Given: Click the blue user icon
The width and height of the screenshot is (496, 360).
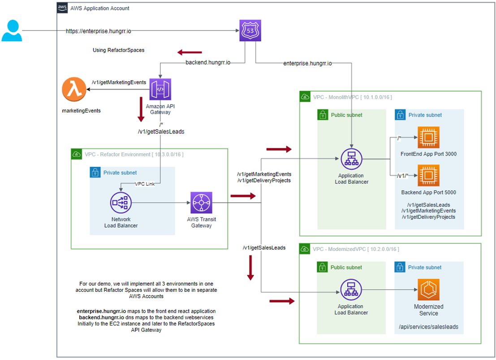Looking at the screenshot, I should coord(11,30).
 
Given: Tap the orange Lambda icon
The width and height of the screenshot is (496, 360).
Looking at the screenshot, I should coord(74,90).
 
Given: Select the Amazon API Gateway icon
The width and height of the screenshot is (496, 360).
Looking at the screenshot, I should coord(160,90).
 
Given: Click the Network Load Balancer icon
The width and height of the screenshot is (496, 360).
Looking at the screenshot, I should coord(121,203).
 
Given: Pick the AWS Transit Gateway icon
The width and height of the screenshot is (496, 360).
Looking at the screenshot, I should coord(201,203).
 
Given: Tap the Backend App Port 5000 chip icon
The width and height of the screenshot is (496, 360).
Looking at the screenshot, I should coord(428,176).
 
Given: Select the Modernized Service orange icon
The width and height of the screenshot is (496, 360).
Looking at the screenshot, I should coord(428,290).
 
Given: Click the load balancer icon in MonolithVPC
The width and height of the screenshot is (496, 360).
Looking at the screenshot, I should coord(351,159).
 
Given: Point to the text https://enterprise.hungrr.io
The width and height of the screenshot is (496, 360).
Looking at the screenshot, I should coord(99,31).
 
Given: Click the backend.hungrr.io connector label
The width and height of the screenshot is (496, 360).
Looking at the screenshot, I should coord(208,63).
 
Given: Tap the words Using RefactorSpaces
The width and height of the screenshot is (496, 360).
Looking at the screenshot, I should coord(118,50).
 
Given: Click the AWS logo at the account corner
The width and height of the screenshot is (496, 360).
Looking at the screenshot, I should coord(62,9).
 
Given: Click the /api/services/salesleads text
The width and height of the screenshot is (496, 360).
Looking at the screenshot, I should coord(428,327).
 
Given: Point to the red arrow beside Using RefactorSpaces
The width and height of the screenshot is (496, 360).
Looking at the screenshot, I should coord(189,52).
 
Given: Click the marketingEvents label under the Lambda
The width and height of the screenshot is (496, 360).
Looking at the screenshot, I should coord(81,111).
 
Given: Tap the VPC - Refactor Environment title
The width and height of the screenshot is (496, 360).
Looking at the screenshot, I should coord(134,155).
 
